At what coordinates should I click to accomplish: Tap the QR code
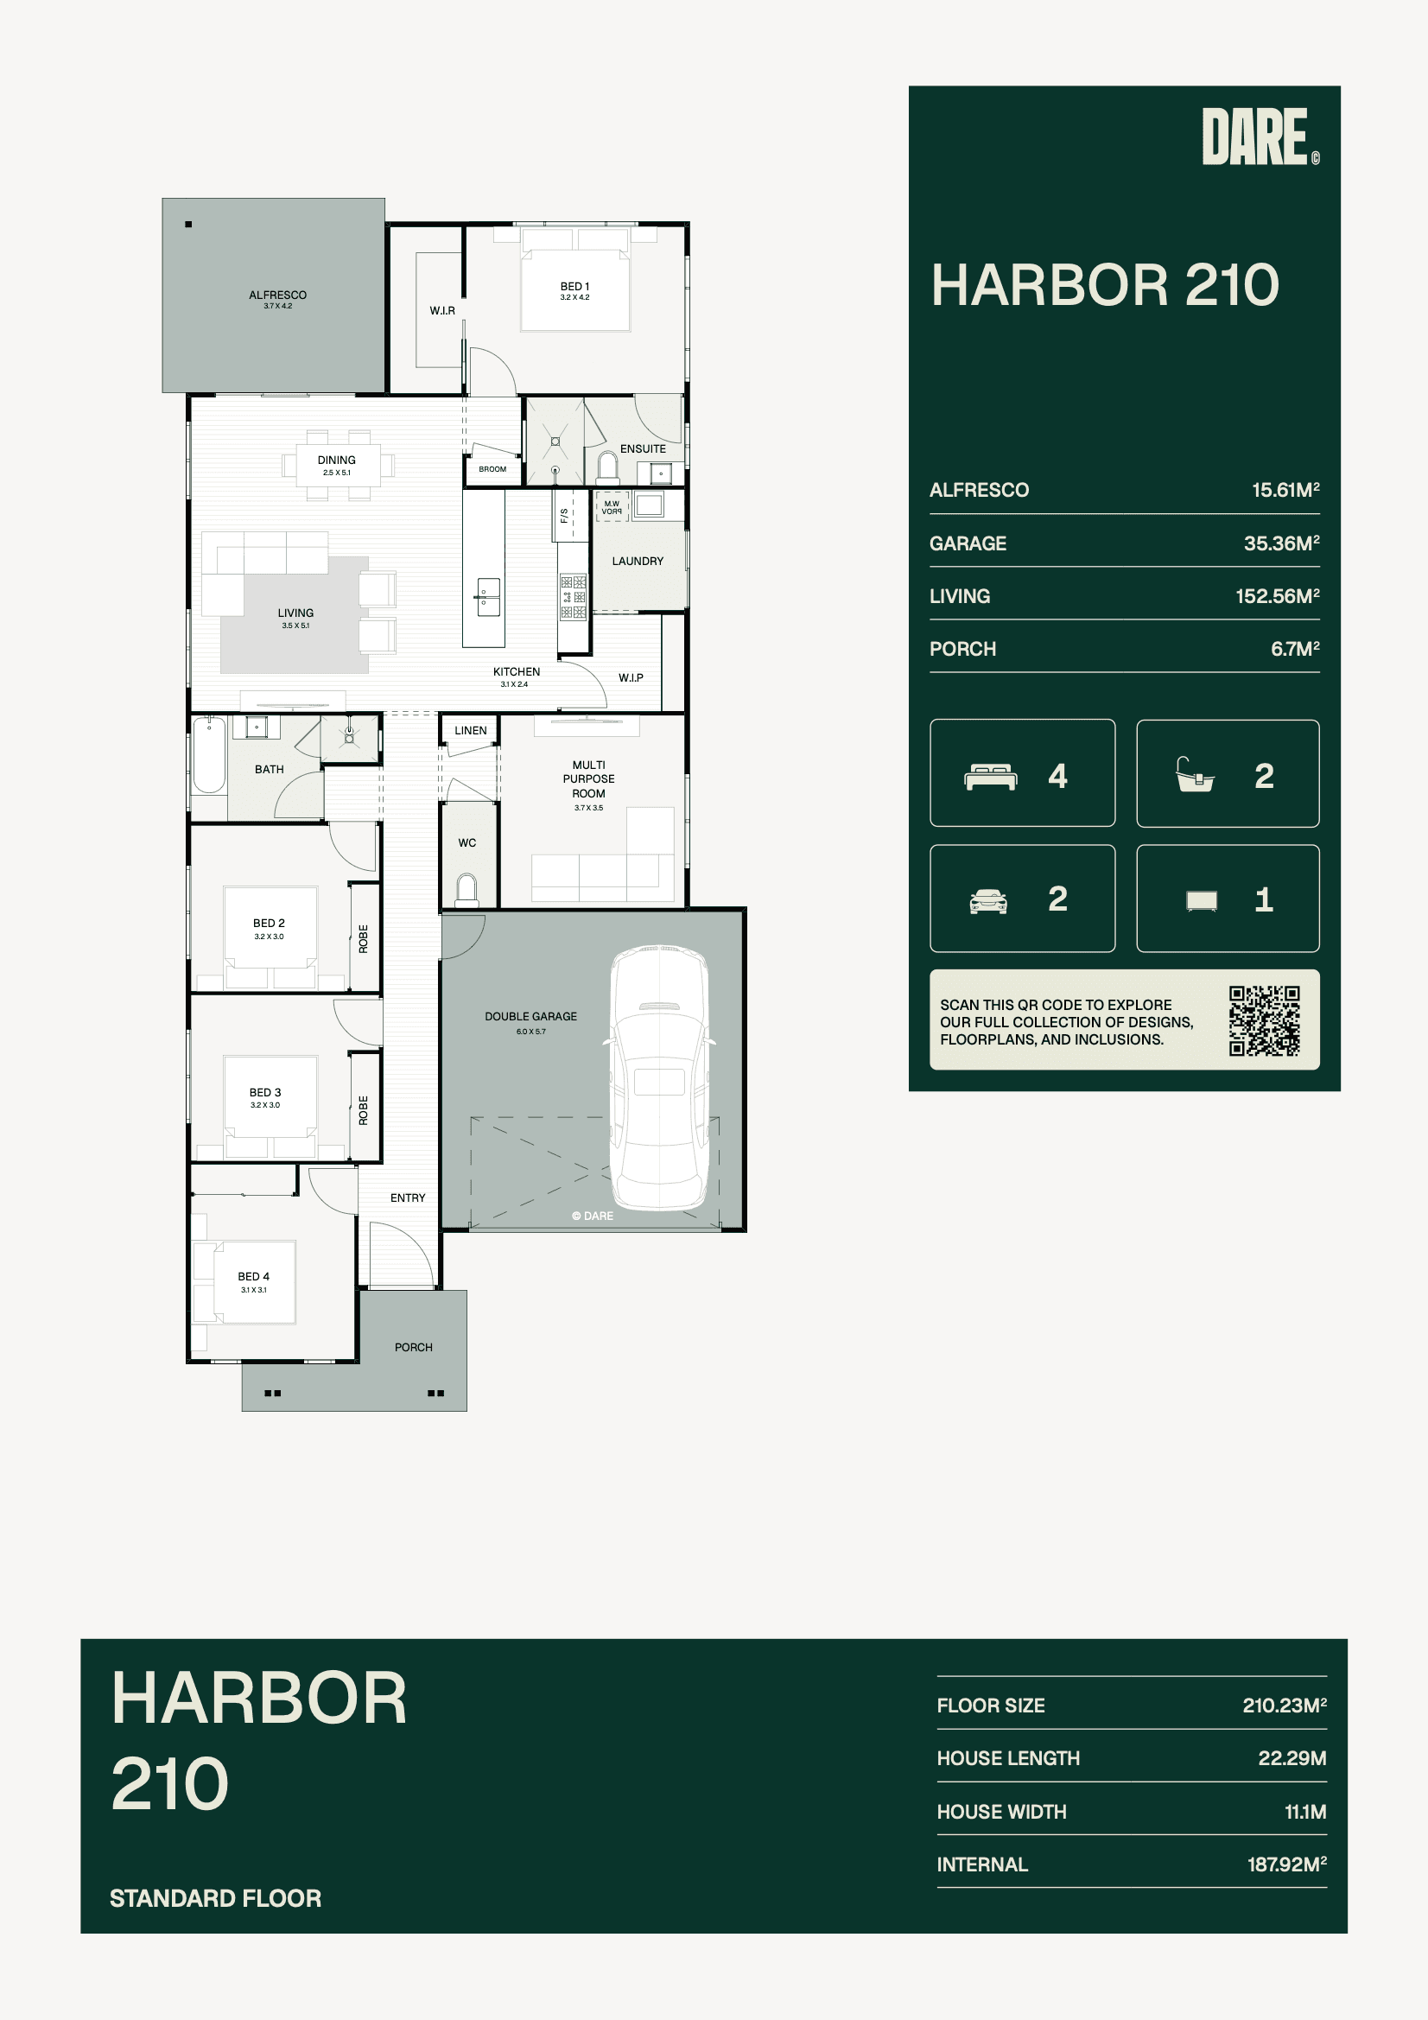[1265, 1020]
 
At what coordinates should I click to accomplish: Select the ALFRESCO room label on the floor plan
[278, 295]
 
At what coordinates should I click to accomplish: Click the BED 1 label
[574, 286]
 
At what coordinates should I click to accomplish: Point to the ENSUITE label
[644, 448]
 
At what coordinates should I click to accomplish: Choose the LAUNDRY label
[638, 561]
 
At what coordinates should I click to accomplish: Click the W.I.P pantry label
[631, 677]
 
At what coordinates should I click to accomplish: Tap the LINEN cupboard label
[471, 730]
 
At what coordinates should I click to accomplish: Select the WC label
[467, 843]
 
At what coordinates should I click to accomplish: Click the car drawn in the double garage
[660, 1077]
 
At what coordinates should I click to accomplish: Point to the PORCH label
[414, 1347]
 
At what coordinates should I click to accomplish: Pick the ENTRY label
[408, 1197]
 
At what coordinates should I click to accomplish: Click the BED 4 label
[253, 1276]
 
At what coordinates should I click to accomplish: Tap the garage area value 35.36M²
[1281, 543]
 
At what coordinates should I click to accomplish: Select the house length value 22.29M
[1292, 1758]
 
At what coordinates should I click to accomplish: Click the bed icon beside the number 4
[991, 777]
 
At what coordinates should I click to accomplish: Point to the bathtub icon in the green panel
[1195, 775]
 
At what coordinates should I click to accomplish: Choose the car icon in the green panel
[988, 901]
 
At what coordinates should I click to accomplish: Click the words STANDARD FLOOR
[216, 1897]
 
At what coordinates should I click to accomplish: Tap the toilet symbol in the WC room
[467, 888]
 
